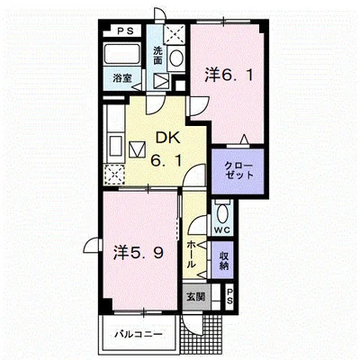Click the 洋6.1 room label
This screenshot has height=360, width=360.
point(229,75)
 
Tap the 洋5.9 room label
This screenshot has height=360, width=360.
point(139,253)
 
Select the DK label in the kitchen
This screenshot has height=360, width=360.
point(167,138)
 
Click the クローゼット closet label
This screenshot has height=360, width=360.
point(238,170)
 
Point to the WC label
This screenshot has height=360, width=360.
point(222,230)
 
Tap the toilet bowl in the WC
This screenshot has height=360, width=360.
point(222,213)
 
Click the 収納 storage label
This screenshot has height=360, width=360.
point(223,261)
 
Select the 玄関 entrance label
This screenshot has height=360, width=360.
point(195,297)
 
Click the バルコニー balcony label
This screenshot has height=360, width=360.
point(139,334)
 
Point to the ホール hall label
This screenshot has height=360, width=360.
point(191,255)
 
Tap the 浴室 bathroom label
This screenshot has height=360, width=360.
point(122,78)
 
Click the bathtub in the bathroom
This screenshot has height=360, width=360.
point(121,54)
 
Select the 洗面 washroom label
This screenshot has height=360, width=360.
point(157,56)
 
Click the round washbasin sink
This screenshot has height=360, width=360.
point(176,58)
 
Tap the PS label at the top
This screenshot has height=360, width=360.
point(125,31)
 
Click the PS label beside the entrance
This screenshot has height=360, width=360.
point(229,296)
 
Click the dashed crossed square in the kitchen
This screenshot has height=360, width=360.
point(114,175)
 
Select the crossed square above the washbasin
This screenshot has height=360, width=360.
point(175,34)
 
